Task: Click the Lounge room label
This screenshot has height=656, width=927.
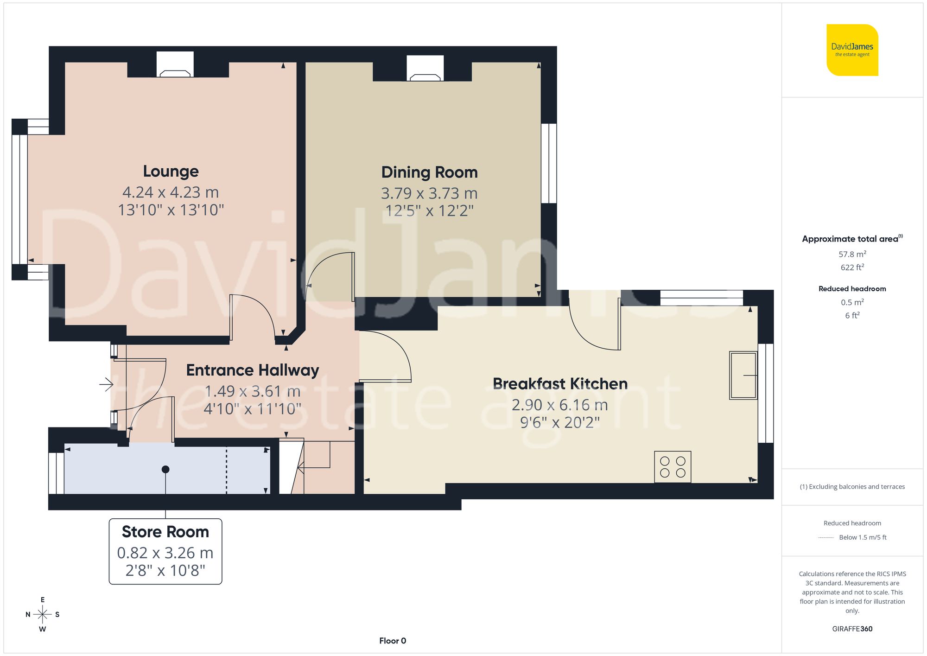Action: click(171, 171)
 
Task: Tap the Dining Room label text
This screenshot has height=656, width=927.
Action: click(429, 172)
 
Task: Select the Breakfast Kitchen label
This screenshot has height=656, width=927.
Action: click(560, 384)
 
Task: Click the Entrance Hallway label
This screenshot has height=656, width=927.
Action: click(253, 370)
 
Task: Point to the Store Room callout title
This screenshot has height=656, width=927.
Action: click(165, 532)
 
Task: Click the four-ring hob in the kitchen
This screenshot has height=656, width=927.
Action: click(673, 467)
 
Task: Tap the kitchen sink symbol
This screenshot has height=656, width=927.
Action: click(743, 375)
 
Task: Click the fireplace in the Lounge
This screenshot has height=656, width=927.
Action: click(175, 65)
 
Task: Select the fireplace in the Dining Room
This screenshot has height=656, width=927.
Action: click(425, 69)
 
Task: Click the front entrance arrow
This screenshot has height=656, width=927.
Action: click(107, 384)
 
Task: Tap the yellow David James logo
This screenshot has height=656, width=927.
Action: click(852, 50)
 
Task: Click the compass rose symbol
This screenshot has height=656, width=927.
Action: click(42, 615)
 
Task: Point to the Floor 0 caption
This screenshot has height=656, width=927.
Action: click(393, 641)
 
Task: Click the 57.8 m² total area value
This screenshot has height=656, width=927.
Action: click(852, 254)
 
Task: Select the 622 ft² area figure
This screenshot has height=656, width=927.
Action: click(852, 267)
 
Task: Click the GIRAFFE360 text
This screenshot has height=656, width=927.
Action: click(852, 629)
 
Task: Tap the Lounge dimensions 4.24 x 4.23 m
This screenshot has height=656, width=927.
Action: click(171, 192)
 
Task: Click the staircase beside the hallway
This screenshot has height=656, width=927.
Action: click(315, 466)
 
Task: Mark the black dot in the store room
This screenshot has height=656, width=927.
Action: click(165, 470)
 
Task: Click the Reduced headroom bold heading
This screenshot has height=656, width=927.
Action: click(852, 289)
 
